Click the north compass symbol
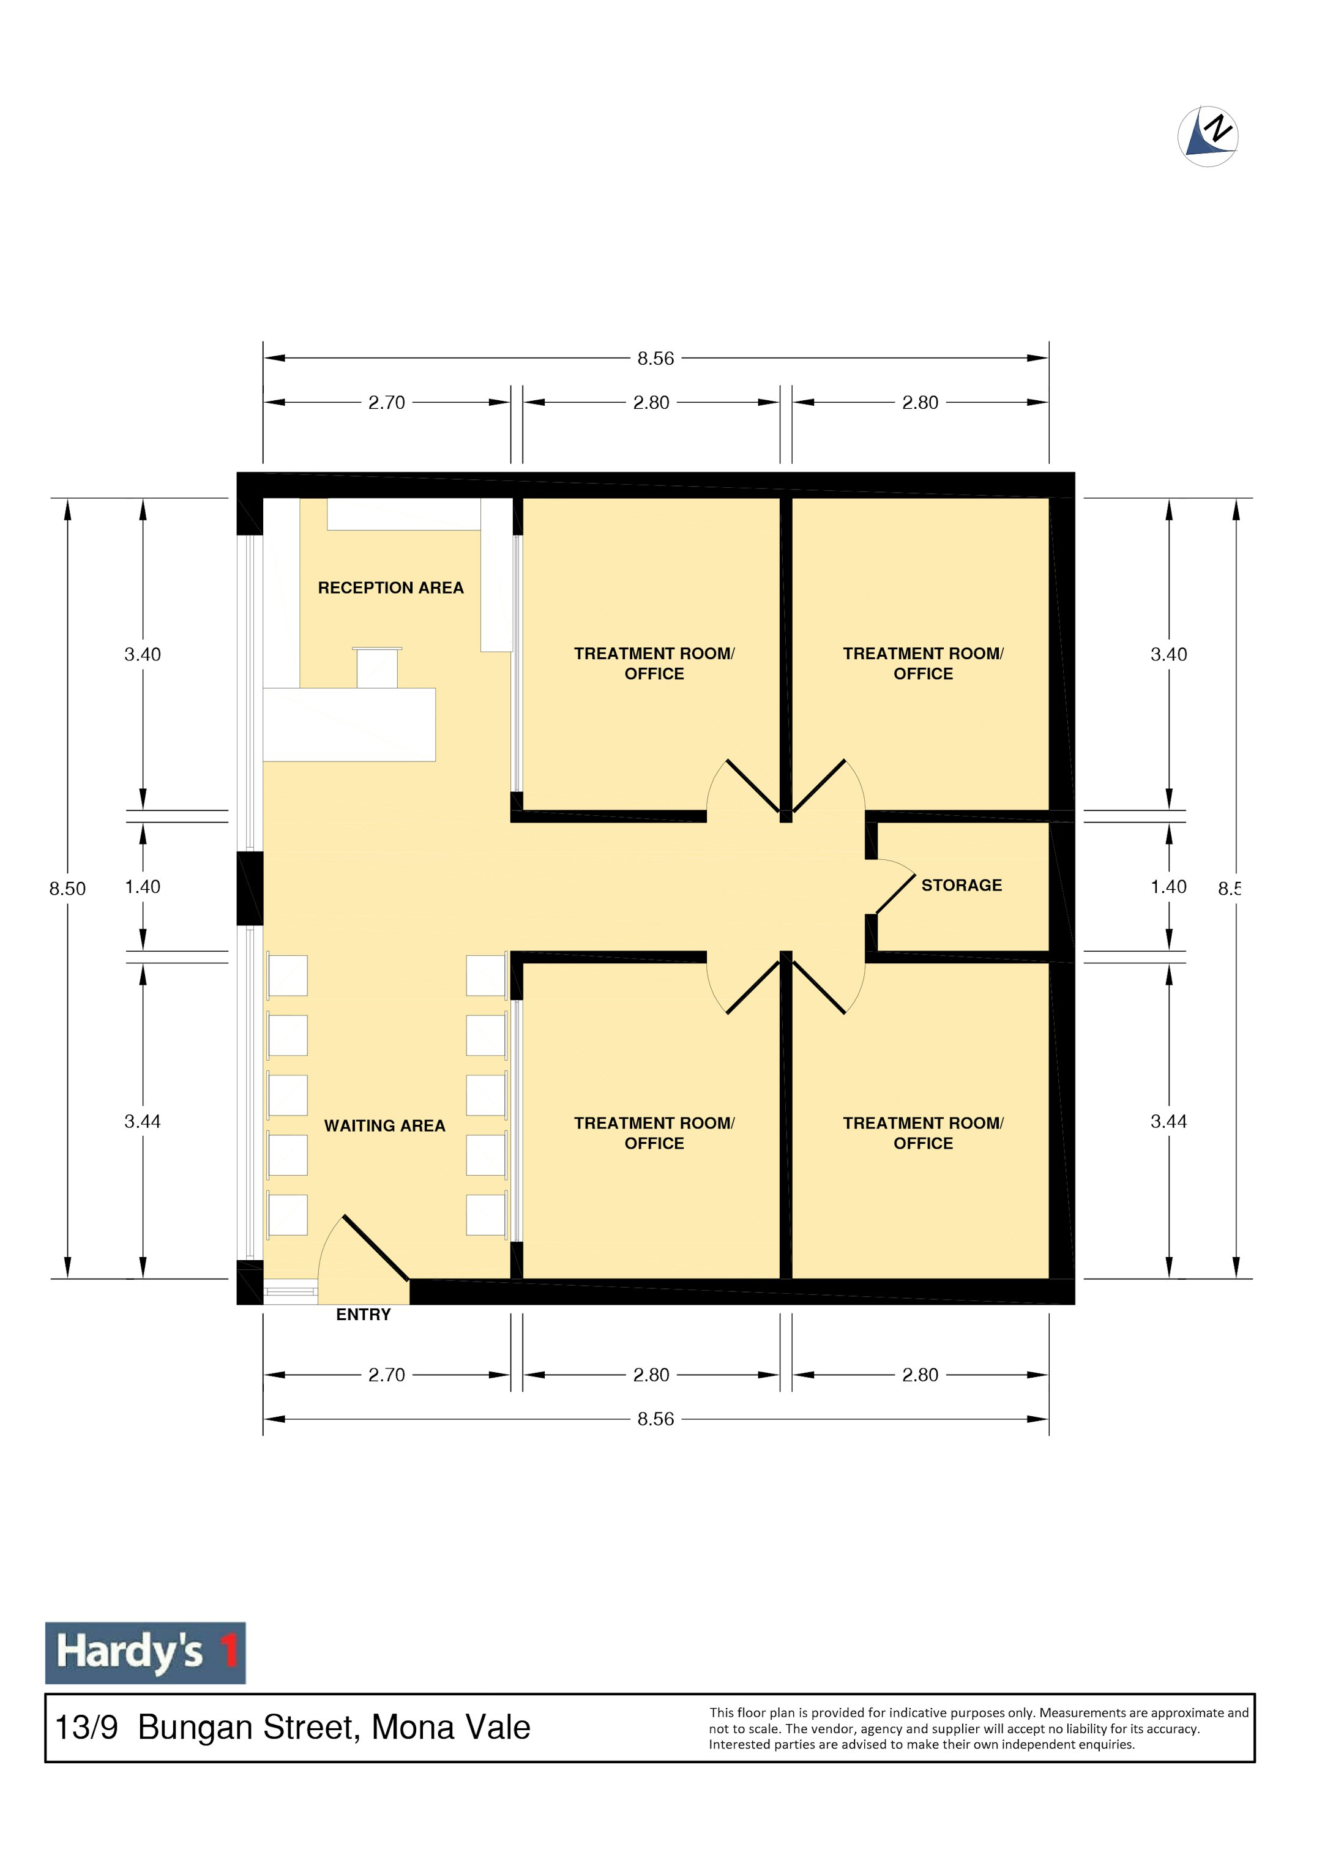(x=1208, y=136)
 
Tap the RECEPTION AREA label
(x=390, y=588)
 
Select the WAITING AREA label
(x=384, y=1125)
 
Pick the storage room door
(x=895, y=894)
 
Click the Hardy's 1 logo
(x=145, y=1653)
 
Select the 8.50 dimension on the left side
(x=67, y=889)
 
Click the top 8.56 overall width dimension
(x=655, y=358)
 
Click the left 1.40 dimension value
(x=143, y=886)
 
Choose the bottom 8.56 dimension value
(x=655, y=1419)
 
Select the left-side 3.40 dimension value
(x=143, y=654)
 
